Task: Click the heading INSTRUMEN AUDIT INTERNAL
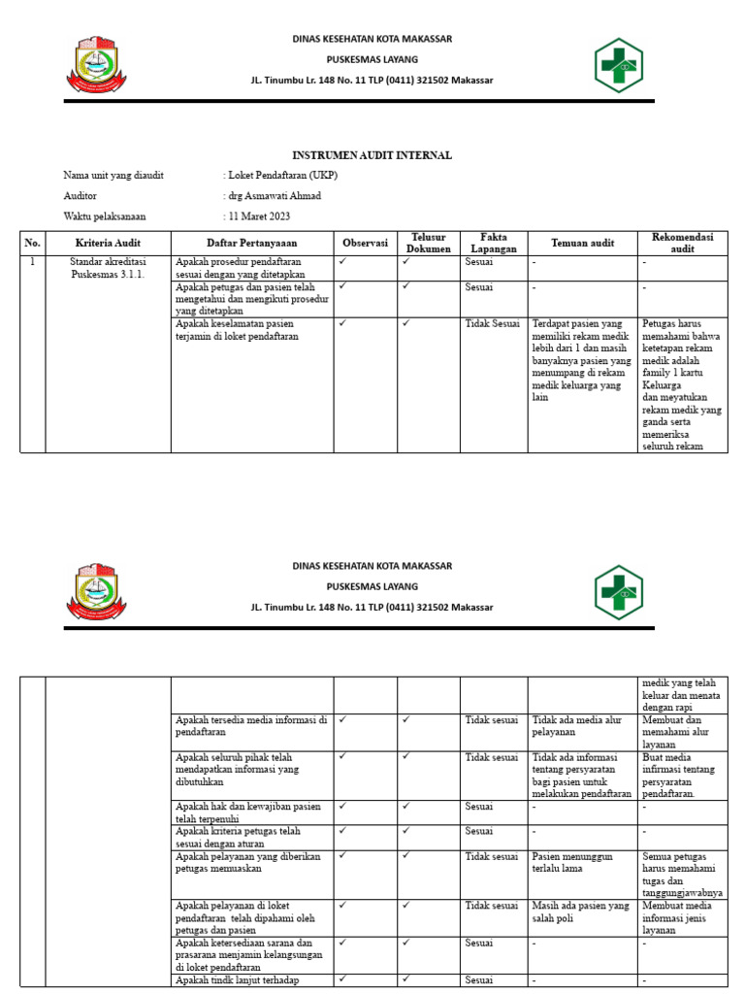(372, 155)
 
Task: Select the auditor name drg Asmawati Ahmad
(273, 196)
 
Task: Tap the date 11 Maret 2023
(259, 216)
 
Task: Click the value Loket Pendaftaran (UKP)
(282, 176)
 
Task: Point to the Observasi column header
(365, 243)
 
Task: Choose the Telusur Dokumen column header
(428, 243)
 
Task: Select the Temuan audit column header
(581, 243)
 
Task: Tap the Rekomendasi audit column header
(683, 243)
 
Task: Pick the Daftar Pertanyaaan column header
(252, 243)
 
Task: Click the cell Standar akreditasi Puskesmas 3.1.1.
(108, 268)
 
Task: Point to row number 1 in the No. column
(32, 262)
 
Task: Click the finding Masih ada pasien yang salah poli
(579, 911)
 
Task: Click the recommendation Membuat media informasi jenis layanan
(681, 917)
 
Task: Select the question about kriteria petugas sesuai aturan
(238, 838)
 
